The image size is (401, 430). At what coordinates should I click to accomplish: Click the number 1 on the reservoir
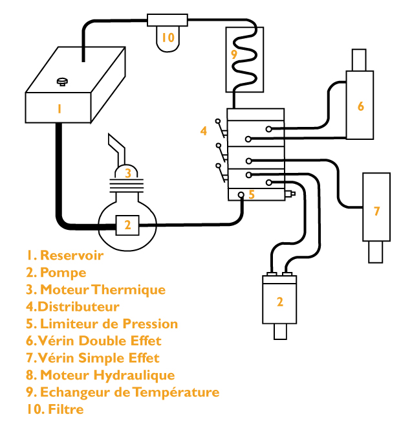tap(59, 109)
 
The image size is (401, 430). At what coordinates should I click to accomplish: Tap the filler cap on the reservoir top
tap(63, 81)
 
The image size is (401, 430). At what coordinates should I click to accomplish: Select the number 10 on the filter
tap(168, 38)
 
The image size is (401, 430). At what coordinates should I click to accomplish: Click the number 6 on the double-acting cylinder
tap(361, 106)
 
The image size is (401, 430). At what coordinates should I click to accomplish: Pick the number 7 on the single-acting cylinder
tap(376, 210)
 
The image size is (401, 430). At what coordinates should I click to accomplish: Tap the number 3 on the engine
tap(128, 173)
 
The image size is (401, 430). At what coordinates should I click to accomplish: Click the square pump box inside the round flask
tap(127, 225)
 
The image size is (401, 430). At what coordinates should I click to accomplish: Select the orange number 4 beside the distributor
tap(203, 131)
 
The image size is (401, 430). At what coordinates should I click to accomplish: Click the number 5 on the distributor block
tap(252, 194)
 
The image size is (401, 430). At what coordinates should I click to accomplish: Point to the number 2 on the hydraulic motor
tap(280, 301)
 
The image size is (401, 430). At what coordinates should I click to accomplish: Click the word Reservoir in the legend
tap(72, 255)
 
